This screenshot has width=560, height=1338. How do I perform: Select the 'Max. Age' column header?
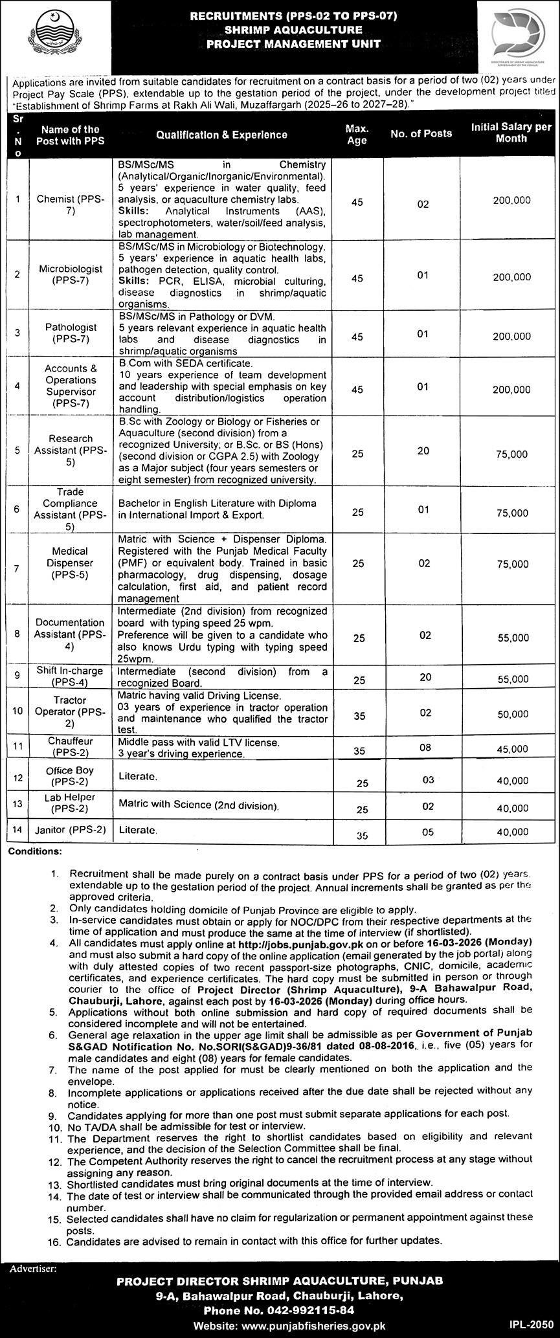[x=357, y=135]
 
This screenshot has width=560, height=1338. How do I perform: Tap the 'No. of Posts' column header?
[x=421, y=133]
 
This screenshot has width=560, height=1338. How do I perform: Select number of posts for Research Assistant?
[x=423, y=451]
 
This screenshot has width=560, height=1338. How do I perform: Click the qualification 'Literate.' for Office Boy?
[x=138, y=775]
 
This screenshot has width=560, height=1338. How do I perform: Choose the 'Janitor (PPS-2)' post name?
[x=70, y=829]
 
